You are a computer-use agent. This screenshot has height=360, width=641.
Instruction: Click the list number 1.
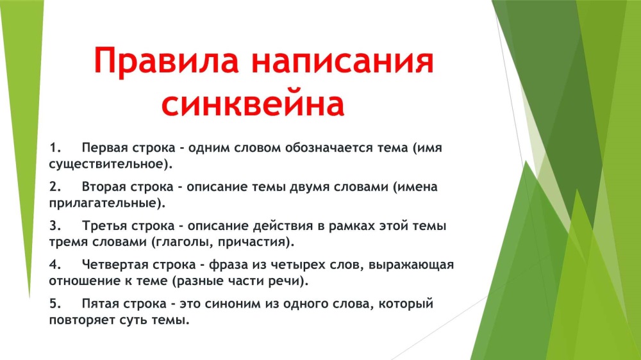(55, 147)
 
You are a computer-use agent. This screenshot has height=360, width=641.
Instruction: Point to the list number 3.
(55, 225)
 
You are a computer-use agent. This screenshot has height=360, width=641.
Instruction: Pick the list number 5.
(55, 304)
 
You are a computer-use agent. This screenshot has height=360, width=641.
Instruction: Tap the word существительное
(106, 164)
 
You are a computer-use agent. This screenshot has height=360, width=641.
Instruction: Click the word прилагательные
(103, 203)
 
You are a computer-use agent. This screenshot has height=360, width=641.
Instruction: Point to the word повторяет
(82, 320)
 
